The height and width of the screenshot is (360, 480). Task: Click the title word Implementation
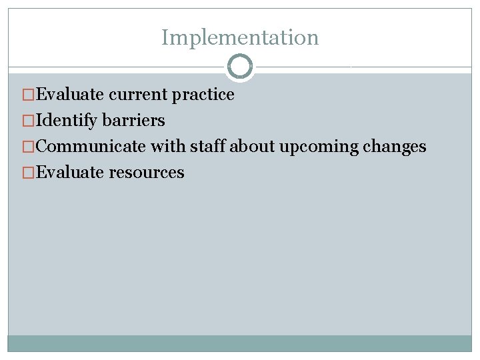coord(240,37)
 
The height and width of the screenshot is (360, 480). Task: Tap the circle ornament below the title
coord(240,67)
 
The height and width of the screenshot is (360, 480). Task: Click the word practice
coord(203,95)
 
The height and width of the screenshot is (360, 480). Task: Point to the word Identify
coord(66,121)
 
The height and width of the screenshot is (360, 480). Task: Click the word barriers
coord(133,121)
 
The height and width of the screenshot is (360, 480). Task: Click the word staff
coord(208,147)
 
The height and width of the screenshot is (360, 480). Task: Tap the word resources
coord(147,173)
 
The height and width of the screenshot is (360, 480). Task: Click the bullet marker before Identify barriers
coord(28,121)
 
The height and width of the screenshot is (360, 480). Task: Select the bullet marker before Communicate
coord(28,147)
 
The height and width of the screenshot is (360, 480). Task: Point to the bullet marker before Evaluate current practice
coord(28,95)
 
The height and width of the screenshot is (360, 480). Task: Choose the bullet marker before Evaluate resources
coord(28,173)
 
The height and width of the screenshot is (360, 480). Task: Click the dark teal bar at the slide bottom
coord(240,343)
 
